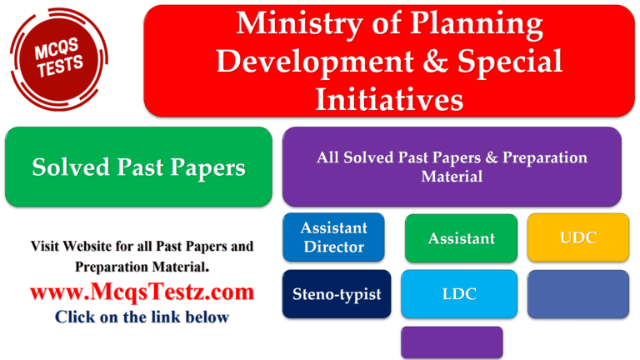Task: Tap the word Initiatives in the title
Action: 389,98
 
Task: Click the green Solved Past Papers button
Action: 138,167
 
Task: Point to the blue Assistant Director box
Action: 333,237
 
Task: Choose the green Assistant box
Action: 461,238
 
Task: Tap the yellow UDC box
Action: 578,237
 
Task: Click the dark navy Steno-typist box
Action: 336,293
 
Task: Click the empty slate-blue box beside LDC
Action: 577,293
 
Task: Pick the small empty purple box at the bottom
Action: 452,342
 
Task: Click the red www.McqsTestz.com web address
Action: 142,292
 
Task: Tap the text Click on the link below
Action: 142,317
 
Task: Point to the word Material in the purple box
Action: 452,177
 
